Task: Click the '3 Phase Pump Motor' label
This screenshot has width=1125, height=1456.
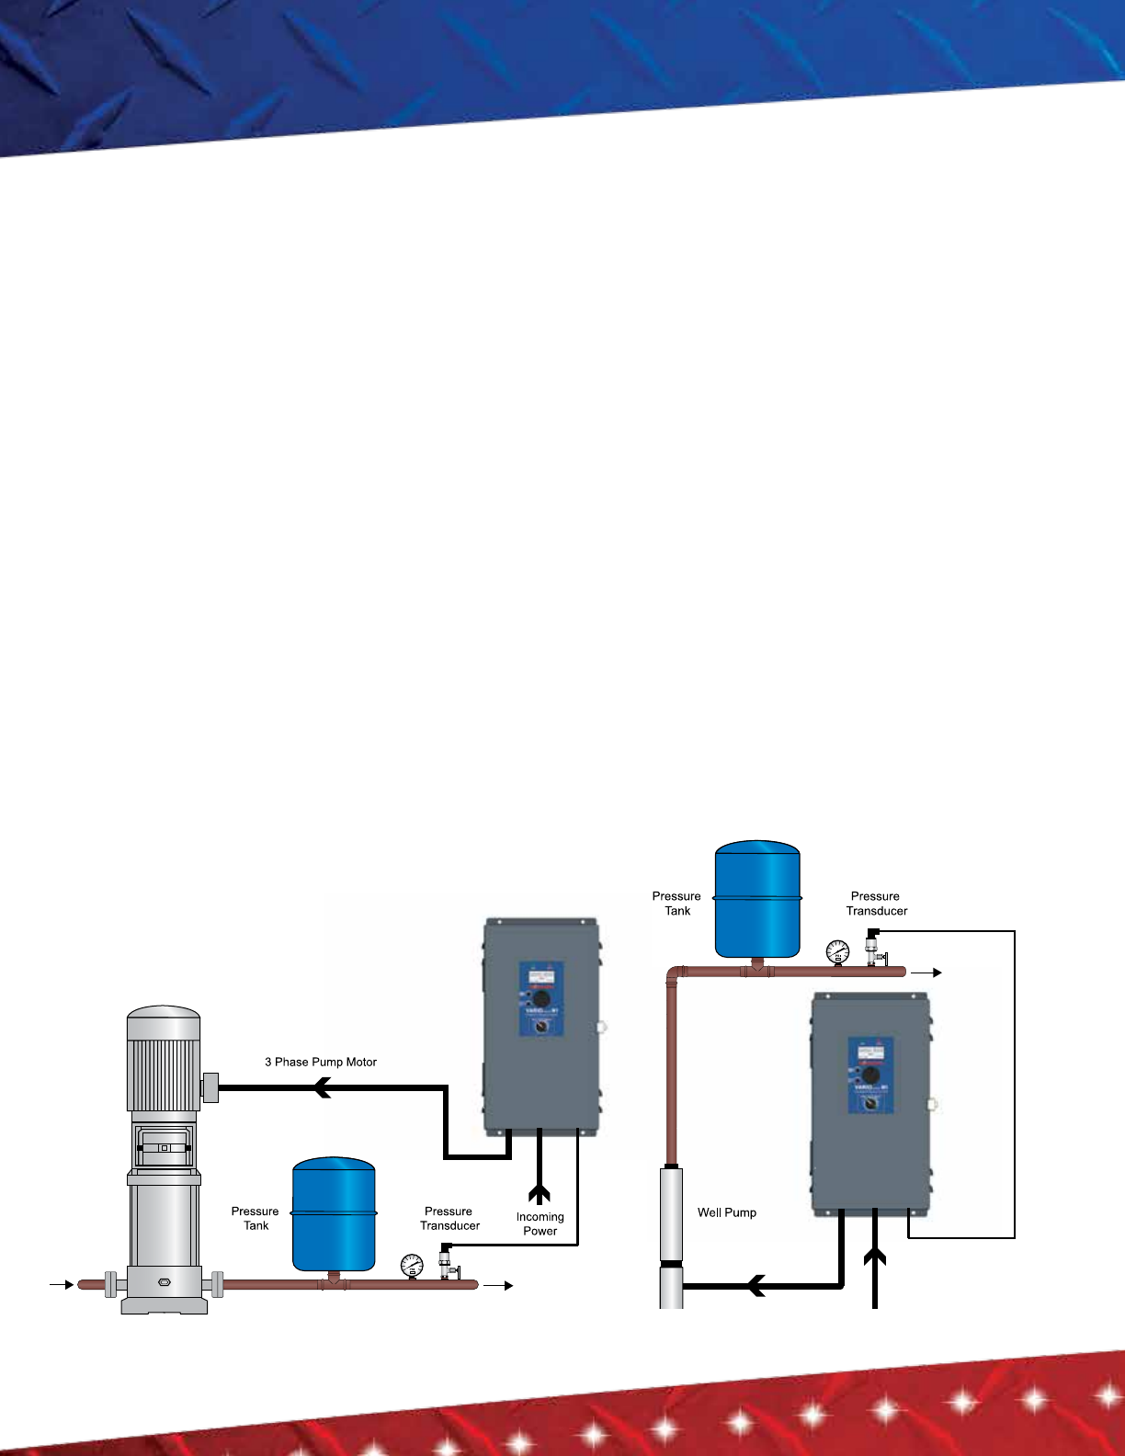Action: point(321,1062)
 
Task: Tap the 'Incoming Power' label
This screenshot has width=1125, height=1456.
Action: point(540,1223)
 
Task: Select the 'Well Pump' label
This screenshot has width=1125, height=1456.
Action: point(727,1212)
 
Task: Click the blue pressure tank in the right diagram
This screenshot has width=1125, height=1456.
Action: point(757,898)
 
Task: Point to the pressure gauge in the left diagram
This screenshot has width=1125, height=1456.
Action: point(412,1266)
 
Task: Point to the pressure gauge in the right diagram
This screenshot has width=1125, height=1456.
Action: point(837,951)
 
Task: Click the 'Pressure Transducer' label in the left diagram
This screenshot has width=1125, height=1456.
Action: point(449,1218)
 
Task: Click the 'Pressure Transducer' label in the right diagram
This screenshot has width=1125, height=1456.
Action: point(876,904)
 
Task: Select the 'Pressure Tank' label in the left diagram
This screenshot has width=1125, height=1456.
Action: point(255,1218)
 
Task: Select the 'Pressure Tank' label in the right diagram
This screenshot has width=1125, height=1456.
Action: point(676,904)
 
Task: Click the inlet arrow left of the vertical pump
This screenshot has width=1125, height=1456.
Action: point(62,1284)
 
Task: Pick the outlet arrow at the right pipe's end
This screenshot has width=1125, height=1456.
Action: point(926,972)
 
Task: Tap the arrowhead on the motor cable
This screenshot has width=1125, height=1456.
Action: point(321,1088)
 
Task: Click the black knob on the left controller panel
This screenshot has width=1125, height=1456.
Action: point(541,999)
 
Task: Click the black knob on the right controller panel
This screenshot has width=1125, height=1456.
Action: point(870,1075)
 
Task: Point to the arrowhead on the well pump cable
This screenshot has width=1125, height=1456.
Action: point(756,1285)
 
